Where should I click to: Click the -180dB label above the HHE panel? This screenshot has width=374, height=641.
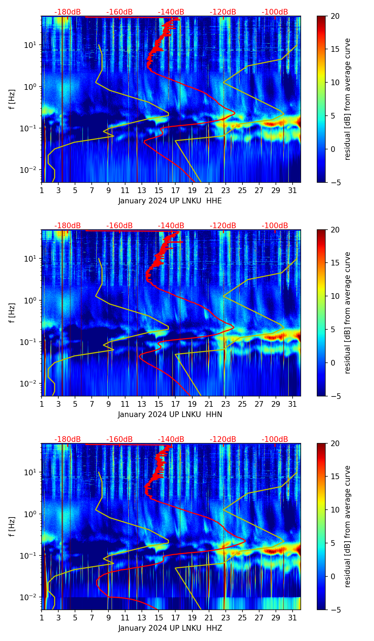click(x=68, y=12)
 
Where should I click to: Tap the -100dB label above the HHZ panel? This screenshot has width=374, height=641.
click(x=275, y=439)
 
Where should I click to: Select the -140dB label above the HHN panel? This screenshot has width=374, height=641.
click(x=171, y=226)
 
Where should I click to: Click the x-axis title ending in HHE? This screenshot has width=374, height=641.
click(x=170, y=201)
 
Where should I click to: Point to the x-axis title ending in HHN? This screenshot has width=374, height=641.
click(x=170, y=415)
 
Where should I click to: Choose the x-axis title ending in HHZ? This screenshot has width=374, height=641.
click(x=170, y=628)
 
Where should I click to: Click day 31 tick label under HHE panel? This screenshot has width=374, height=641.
click(x=292, y=191)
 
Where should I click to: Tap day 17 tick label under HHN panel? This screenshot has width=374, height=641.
click(x=175, y=404)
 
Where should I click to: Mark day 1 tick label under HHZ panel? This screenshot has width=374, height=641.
click(x=42, y=618)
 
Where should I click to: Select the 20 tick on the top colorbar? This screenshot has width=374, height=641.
click(x=335, y=16)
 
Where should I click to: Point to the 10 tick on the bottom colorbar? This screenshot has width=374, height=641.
click(x=335, y=510)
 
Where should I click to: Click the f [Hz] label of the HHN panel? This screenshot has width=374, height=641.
click(x=12, y=313)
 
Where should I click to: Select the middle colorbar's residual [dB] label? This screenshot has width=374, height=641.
click(x=347, y=313)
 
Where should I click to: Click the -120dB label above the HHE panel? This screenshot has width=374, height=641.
click(x=223, y=12)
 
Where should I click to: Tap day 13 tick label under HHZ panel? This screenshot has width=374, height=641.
click(x=142, y=618)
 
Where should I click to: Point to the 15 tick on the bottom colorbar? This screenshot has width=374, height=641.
click(x=335, y=477)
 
